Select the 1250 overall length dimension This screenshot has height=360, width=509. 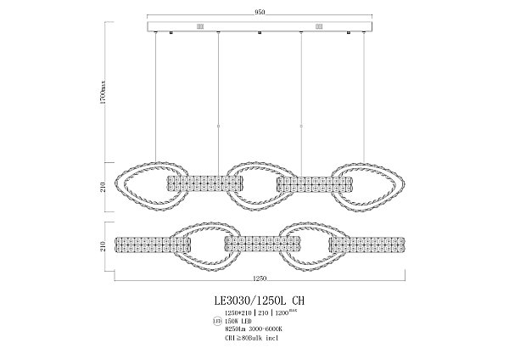[x=260, y=278]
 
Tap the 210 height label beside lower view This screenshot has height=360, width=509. [x=103, y=247]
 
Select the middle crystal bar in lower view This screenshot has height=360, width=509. [x=260, y=245]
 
